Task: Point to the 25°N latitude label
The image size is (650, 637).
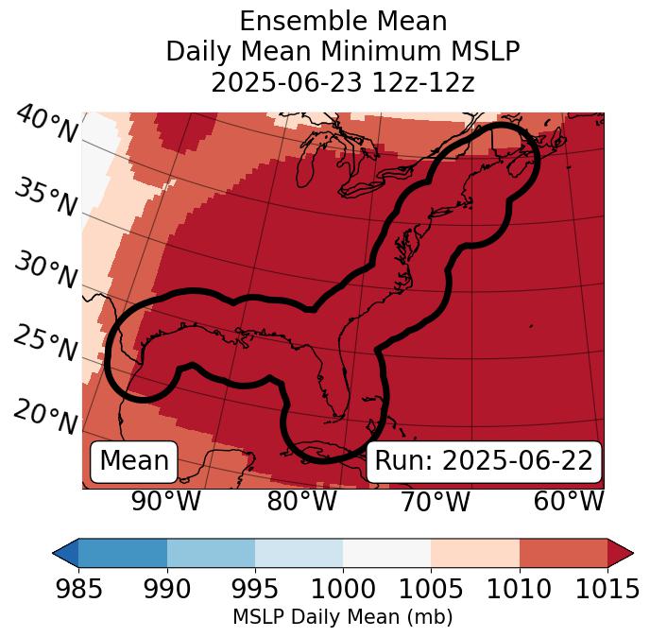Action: point(45,344)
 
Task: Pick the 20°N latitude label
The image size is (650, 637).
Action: point(45,416)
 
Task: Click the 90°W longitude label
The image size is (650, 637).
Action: point(165,501)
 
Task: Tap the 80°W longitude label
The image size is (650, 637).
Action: point(301,501)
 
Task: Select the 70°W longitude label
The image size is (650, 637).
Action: point(435,501)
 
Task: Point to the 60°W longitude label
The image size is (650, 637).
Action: point(569,501)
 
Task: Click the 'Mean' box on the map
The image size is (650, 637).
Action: point(134,461)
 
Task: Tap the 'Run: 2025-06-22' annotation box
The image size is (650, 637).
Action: point(484,461)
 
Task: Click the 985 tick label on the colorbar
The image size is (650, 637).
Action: point(78,590)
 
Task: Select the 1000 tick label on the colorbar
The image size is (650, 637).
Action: point(343,590)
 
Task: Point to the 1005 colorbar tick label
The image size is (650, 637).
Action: point(431,590)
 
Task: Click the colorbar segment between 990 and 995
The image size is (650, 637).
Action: point(211,553)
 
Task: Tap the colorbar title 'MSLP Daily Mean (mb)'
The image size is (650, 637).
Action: point(342,617)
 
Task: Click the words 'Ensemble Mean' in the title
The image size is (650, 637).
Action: point(343,22)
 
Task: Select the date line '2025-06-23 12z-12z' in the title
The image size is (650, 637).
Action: point(343,82)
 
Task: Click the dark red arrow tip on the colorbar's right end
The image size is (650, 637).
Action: point(621,553)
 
